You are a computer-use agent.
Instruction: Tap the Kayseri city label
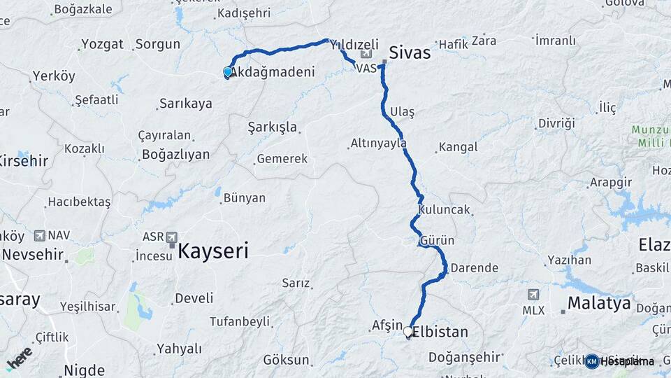pos(213,251)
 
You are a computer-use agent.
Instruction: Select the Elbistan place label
pos(440,332)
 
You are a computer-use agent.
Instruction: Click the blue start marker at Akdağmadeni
pos(227,72)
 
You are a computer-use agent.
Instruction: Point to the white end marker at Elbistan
pos(408,331)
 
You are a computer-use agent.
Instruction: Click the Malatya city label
pos(599,304)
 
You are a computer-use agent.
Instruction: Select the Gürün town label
pos(438,241)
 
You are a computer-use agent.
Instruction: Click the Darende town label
pos(475,267)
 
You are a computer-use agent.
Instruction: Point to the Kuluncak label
pos(445,209)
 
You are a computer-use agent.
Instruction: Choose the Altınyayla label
pos(378,143)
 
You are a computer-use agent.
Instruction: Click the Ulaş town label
pos(403,112)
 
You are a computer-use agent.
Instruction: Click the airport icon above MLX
pos(534,295)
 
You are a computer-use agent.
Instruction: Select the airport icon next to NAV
pos(39,235)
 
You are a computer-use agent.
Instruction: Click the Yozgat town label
pos(102,44)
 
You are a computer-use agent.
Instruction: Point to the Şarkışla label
pos(273,127)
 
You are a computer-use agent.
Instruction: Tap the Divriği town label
pos(556,123)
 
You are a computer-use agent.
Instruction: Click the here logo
pos(19,358)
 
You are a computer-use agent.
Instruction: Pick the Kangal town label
pos(458,147)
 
